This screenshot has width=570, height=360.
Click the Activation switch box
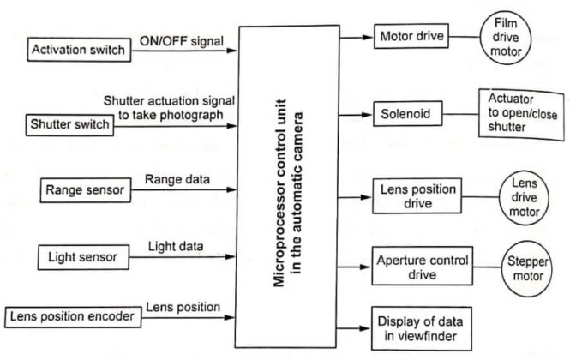tap(78, 50)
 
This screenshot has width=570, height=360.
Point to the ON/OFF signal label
tap(182, 41)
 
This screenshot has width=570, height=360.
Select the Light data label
tap(175, 246)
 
